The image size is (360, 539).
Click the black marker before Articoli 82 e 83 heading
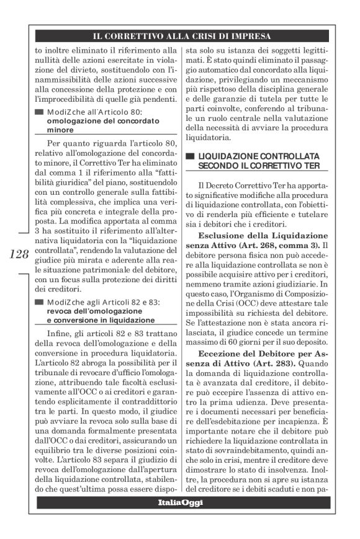(40, 301)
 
